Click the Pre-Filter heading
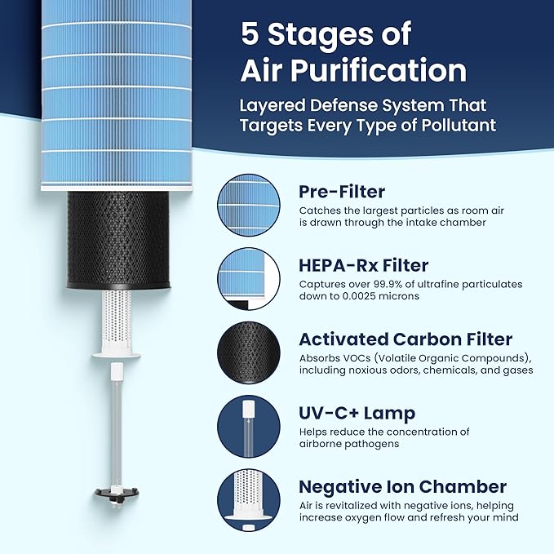tap(342, 192)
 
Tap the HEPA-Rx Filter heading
tap(364, 265)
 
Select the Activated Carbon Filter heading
tap(406, 339)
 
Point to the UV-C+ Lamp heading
tap(357, 414)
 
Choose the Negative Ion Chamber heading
tap(403, 487)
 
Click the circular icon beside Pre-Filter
tap(249, 206)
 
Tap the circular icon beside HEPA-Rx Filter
tap(249, 279)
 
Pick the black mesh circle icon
tap(249, 353)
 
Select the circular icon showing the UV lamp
tap(249, 427)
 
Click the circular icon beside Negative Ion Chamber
tap(249, 501)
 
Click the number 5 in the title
tap(250, 33)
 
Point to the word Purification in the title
tap(379, 71)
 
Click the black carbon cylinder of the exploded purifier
tap(118, 240)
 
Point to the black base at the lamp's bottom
tap(117, 493)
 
